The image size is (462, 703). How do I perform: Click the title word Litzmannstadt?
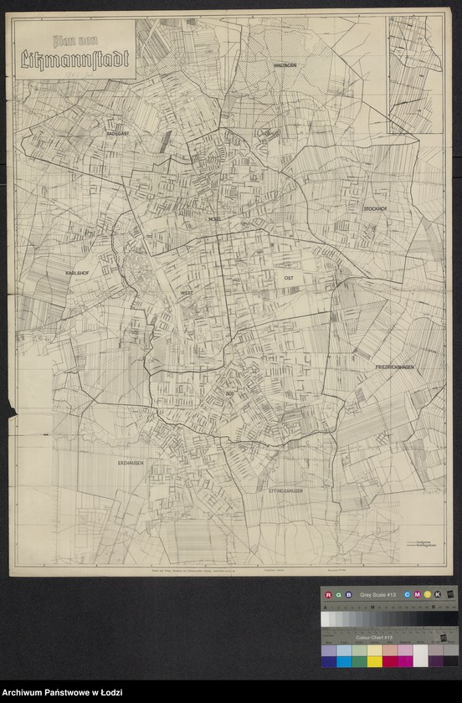pyautogui.click(x=74, y=59)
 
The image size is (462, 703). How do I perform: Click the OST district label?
pyautogui.click(x=289, y=276)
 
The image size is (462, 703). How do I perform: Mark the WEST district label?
pyautogui.click(x=185, y=294)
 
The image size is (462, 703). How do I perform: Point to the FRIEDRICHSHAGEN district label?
pyautogui.click(x=395, y=367)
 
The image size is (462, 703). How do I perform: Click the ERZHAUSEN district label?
pyautogui.click(x=131, y=463)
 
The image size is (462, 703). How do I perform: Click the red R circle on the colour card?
pyautogui.click(x=329, y=595)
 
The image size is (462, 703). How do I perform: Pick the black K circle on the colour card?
pyautogui.click(x=437, y=595)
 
